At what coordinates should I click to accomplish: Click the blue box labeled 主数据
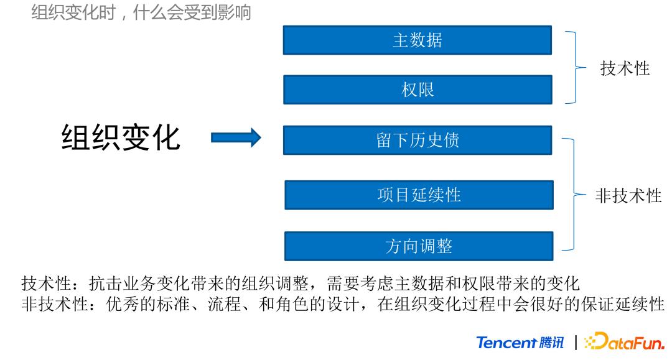417,40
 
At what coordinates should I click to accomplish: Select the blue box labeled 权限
417,90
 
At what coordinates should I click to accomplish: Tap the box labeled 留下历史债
417,141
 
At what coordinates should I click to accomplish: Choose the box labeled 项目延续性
418,195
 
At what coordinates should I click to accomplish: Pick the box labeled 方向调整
418,246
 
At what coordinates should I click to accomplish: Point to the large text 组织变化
121,138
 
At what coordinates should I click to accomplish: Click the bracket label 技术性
624,69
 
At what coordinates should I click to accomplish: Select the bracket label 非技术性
628,196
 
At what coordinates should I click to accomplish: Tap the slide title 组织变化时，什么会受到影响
141,12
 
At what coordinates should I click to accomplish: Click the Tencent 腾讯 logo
520,343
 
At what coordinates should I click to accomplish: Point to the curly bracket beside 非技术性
572,195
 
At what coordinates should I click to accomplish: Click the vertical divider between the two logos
576,343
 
